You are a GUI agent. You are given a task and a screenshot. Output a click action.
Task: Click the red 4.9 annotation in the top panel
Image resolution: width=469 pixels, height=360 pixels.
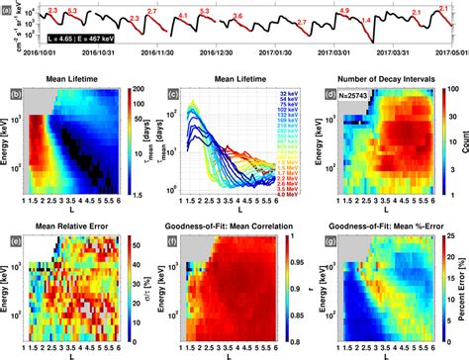[x=343, y=10]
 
